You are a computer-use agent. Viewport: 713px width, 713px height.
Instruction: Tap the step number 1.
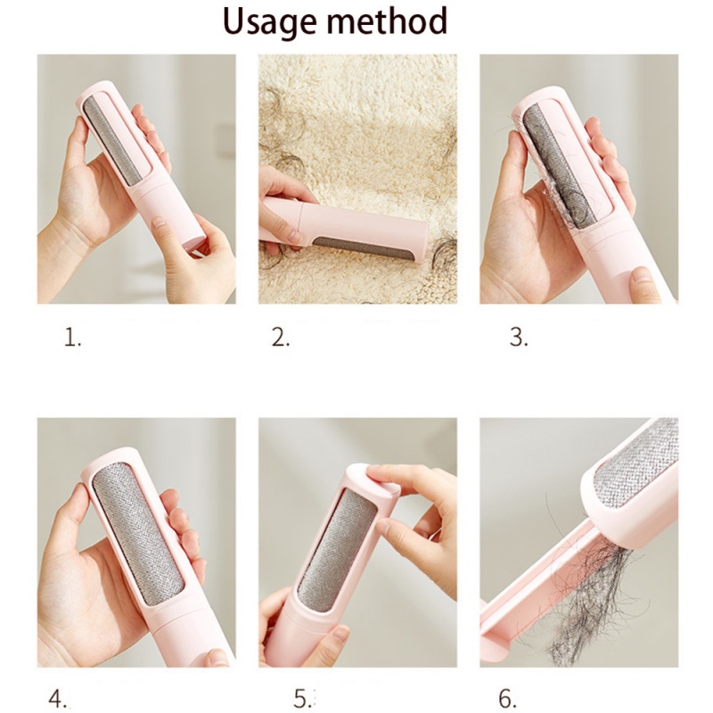coord(72,338)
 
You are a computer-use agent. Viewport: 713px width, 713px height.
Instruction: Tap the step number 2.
coord(281,338)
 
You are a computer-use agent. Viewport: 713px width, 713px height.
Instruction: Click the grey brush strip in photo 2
coord(365,249)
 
